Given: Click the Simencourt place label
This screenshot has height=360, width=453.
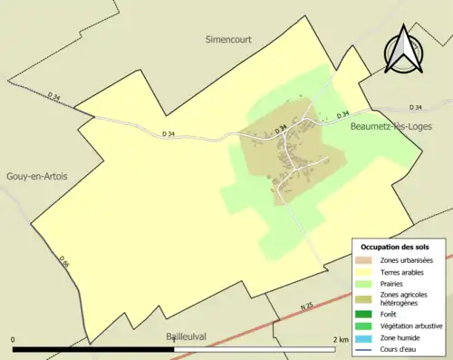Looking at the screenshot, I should tap(227, 40).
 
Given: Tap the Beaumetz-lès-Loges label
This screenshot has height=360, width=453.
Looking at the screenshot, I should tap(390, 130).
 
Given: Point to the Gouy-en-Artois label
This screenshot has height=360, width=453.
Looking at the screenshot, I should tap(36, 176).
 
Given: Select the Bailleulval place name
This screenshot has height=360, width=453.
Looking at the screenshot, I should tap(187, 336).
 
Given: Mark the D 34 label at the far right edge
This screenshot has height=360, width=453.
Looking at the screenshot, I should tap(416, 107).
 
